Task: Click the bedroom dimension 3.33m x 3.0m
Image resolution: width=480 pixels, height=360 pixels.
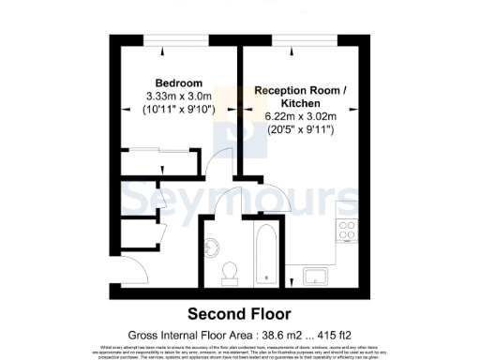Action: [180, 97]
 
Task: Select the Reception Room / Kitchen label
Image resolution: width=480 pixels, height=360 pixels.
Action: [300, 97]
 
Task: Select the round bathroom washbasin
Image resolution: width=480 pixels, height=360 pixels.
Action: [212, 247]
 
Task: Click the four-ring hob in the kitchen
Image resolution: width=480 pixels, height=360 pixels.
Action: [346, 231]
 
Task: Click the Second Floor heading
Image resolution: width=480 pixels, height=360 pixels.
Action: [239, 313]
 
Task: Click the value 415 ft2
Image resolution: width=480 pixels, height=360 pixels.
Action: [341, 334]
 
